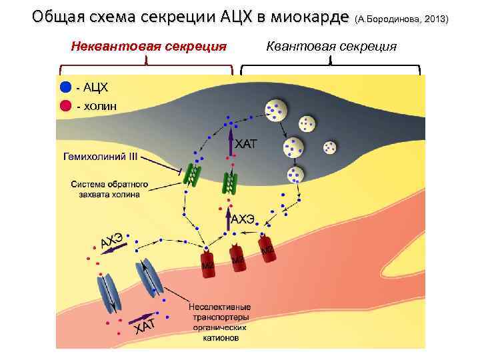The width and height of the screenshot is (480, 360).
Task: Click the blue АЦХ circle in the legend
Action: tap(65, 88)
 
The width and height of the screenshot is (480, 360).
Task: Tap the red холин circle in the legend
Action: tap(65, 105)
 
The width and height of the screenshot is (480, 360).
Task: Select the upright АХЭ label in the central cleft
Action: tap(244, 217)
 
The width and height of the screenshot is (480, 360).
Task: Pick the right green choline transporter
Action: tap(229, 181)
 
